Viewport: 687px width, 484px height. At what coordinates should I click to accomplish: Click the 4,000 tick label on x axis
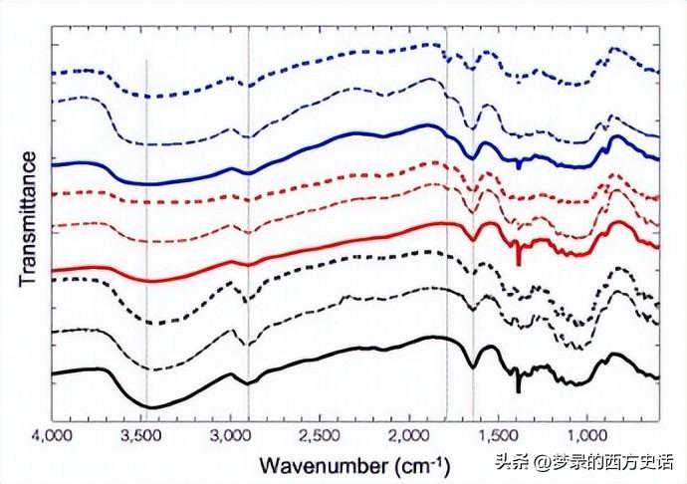pos(52,435)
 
